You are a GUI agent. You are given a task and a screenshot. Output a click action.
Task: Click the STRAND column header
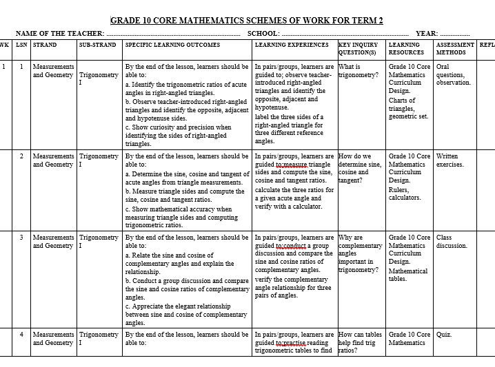46,45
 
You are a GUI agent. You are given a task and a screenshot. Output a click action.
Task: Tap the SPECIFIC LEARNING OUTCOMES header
172,45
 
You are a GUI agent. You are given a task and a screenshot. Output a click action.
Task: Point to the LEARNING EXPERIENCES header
292,45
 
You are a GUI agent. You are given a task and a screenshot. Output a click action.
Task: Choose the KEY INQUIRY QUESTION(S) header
358,48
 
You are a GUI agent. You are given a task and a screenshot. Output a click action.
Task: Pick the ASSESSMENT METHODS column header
455,48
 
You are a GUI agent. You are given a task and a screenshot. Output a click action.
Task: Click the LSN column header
21,45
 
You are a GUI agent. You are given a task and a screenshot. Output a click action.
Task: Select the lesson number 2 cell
21,156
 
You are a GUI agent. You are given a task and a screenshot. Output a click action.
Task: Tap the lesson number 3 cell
21,238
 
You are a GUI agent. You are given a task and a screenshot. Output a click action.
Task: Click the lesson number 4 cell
21,335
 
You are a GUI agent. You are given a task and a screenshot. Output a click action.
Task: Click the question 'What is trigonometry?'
358,71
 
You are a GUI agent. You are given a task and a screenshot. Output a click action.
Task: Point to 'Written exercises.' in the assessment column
450,160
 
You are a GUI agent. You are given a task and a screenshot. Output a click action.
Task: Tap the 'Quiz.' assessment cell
444,335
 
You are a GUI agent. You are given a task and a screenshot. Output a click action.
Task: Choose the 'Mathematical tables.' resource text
407,275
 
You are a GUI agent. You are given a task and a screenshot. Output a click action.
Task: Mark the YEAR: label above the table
426,33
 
